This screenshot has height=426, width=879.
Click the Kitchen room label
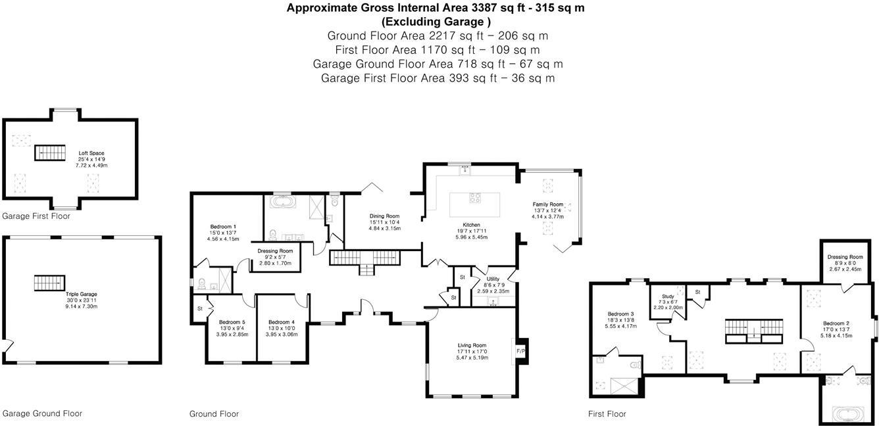pos(470,225)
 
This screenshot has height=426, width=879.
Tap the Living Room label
pos(472,345)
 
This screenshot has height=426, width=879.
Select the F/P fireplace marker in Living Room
pos(521,351)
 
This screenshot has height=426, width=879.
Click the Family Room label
pos(548,204)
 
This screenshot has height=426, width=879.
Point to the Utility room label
pos(493,279)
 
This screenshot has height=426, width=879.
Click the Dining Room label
pos(384,216)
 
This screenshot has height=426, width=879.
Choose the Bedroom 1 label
pos(223,227)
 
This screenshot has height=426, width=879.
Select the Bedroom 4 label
pos(282,322)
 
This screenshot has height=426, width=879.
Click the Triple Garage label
pos(82,295)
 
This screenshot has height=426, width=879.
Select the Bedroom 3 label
pos(620,314)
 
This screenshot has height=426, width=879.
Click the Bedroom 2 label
pos(836,323)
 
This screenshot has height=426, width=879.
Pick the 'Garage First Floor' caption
pos(36,216)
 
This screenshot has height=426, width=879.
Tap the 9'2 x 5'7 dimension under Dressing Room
pos(275,257)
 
